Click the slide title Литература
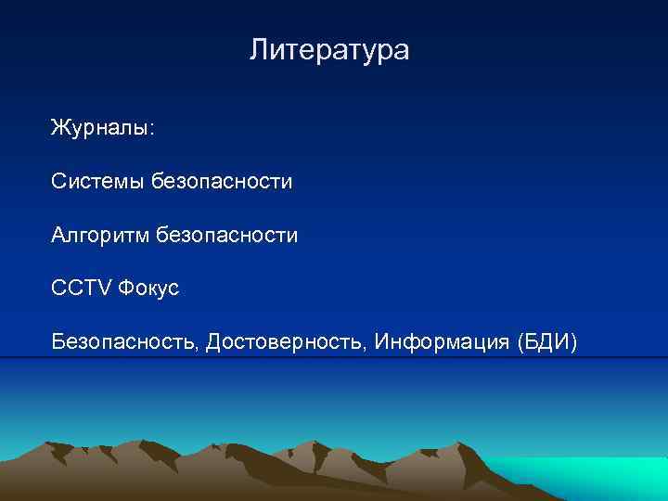pos(328,50)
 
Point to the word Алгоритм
pos(100,236)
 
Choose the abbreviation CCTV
pos(81,289)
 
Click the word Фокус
pos(148,289)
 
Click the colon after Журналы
pos(153,130)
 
